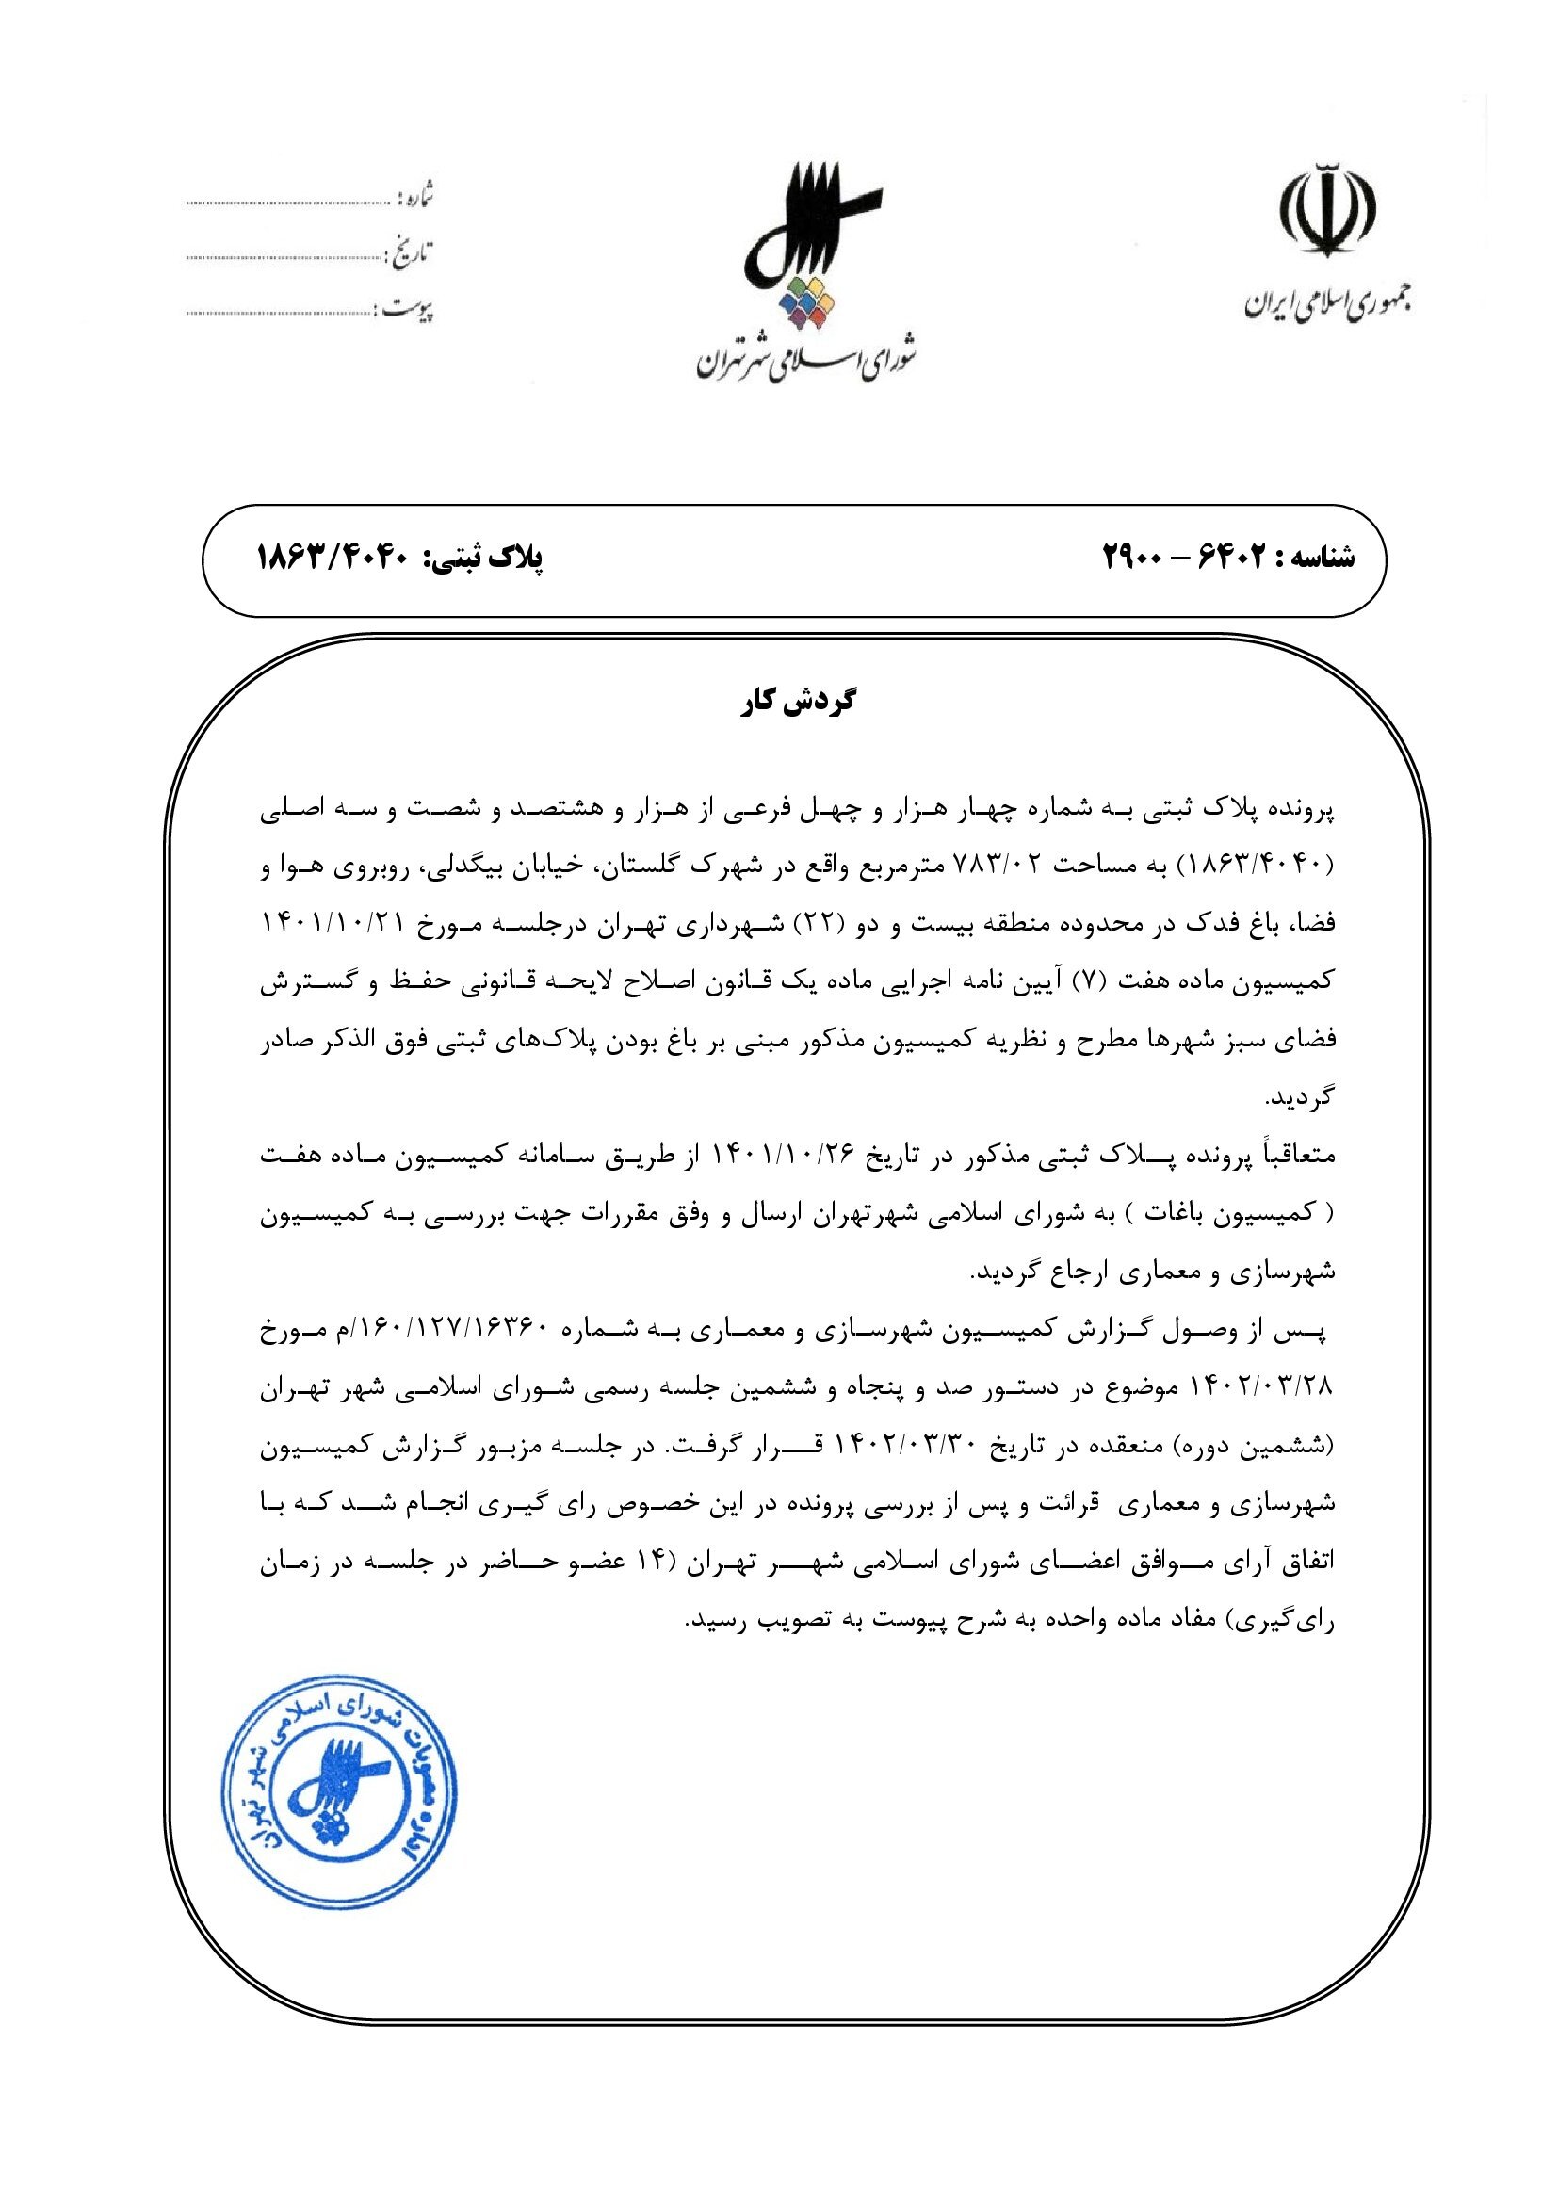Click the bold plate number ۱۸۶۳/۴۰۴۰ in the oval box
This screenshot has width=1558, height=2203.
[334, 559]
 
